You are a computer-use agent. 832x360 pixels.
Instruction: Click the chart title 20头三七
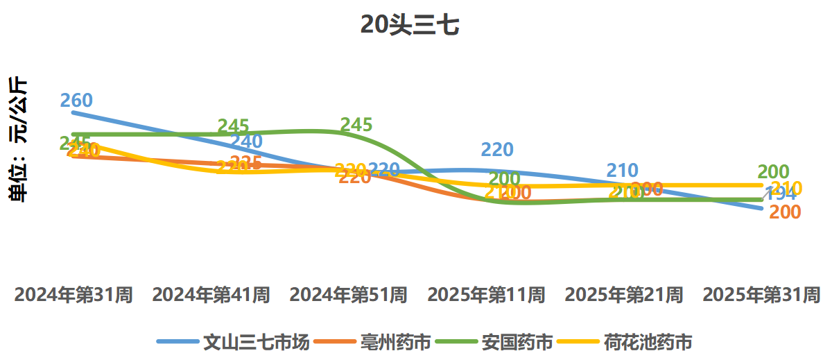click(410, 26)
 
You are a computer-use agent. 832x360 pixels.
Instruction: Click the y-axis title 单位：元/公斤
click(19, 139)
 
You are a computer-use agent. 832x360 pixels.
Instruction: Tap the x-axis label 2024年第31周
click(73, 295)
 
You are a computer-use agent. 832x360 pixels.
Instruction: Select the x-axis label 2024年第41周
click(211, 295)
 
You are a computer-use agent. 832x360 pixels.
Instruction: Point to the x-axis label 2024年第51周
click(348, 295)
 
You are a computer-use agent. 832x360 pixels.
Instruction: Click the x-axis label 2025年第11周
click(486, 295)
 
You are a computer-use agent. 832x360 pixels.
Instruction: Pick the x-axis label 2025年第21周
click(623, 295)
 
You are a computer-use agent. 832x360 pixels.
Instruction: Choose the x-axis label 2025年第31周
click(761, 295)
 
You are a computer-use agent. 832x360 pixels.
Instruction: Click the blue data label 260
click(76, 101)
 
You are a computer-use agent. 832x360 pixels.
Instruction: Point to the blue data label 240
click(247, 142)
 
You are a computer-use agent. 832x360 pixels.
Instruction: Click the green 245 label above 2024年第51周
click(356, 126)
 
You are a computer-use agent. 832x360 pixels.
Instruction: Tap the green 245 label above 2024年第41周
click(233, 127)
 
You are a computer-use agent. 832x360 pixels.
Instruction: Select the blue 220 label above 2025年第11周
click(497, 150)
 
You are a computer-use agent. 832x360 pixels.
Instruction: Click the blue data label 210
click(622, 171)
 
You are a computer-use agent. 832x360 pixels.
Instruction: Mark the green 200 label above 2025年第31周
click(774, 172)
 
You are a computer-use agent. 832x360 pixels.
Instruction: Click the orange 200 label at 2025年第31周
click(786, 213)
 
